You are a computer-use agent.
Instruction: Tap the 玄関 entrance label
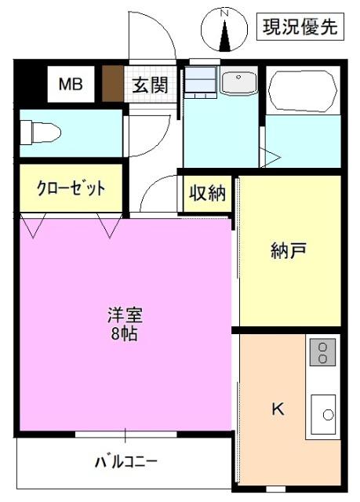click(x=149, y=84)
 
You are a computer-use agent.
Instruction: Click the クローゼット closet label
click(x=71, y=189)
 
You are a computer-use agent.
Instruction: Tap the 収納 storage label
click(x=206, y=193)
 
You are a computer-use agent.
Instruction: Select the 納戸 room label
click(x=288, y=252)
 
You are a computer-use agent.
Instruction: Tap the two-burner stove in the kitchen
click(x=321, y=353)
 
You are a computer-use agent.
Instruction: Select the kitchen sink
click(x=324, y=413)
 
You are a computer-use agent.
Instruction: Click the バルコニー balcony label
click(x=125, y=460)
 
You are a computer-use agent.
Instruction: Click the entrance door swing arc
click(x=154, y=31)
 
